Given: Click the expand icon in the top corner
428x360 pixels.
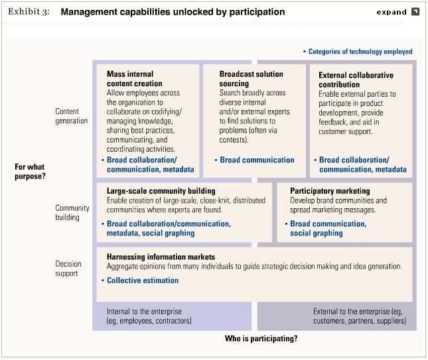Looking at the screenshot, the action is (x=415, y=12).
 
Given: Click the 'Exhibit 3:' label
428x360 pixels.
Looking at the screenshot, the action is (x=29, y=12).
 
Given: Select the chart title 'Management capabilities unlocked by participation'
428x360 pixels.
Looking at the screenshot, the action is (x=173, y=12).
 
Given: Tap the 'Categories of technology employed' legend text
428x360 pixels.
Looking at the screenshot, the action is (x=360, y=52).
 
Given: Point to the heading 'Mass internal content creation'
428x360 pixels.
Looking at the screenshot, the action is (x=135, y=79).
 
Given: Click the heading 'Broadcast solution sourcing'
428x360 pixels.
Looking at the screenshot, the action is (x=251, y=79).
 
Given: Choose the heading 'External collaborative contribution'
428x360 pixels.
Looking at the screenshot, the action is (x=356, y=80).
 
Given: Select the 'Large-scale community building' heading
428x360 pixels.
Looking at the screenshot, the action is (x=161, y=191).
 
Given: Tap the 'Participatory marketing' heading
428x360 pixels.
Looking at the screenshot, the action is (x=330, y=191).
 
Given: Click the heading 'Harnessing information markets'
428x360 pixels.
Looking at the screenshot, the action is (x=161, y=257).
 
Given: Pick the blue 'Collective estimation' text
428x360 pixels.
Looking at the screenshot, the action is (x=143, y=280).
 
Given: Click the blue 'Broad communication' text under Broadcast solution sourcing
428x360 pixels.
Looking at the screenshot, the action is (x=257, y=160).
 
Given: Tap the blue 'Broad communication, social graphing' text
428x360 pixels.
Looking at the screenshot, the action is (x=328, y=229).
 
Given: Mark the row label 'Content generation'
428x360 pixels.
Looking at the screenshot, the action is (x=72, y=116).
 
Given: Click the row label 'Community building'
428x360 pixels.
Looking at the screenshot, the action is (x=72, y=213).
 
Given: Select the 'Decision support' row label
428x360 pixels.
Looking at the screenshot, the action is (x=68, y=269).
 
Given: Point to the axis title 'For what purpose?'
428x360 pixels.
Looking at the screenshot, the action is (x=30, y=172).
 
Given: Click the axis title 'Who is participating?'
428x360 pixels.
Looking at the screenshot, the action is (x=261, y=339).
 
